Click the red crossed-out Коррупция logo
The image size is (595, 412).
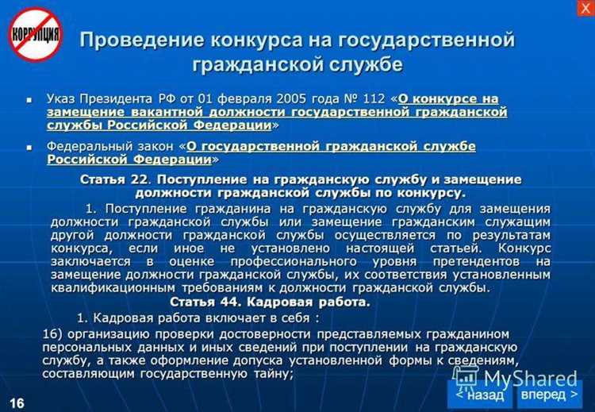coord(35,35)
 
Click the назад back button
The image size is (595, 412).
coord(479,394)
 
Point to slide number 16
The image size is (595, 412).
coord(17,402)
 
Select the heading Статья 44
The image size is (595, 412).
coord(201,302)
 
